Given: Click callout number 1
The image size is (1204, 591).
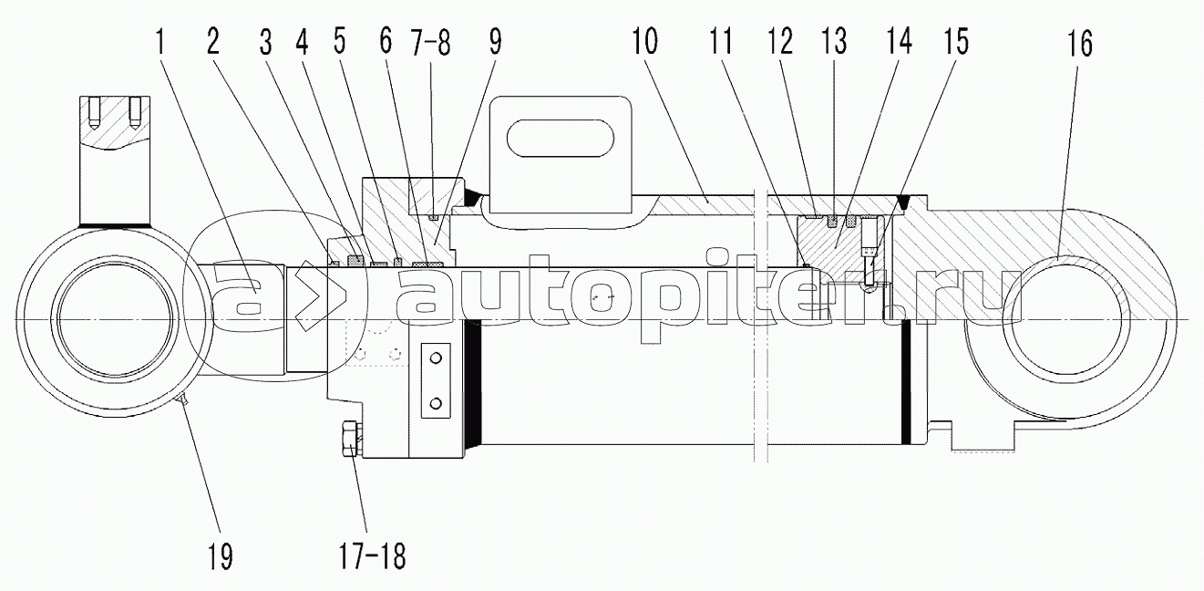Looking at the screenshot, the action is [x=160, y=43].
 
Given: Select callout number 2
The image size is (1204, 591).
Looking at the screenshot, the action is [x=213, y=41].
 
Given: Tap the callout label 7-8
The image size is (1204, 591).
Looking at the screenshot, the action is [x=430, y=43].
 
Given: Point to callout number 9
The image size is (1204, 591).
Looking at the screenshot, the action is [x=495, y=42].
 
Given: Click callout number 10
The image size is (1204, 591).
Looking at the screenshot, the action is [x=644, y=41].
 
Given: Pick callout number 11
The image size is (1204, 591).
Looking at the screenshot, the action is [x=721, y=41].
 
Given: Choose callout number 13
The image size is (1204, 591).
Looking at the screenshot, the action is [x=834, y=41].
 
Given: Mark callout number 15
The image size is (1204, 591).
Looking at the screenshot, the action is [x=956, y=41].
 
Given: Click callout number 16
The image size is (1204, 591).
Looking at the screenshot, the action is [x=1080, y=44].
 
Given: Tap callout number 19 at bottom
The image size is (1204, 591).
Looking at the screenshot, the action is [x=221, y=556].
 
